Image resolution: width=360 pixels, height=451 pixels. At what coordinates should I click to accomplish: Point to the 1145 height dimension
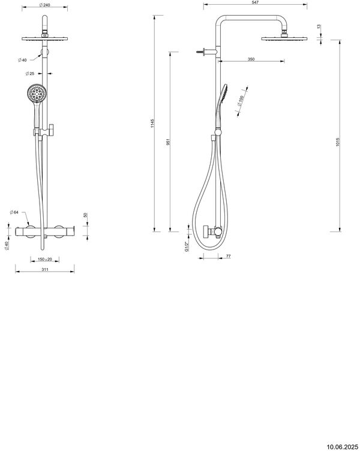pos(153,125)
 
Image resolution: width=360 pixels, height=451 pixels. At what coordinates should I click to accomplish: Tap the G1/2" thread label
pos(187,246)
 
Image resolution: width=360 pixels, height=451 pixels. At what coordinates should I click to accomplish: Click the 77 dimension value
pos(229,257)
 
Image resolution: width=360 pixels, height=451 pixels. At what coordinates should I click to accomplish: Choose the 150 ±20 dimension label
pos(44,260)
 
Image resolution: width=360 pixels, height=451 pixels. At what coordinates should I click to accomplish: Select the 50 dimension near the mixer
pos(85,215)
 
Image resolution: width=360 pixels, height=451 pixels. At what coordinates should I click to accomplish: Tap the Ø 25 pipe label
pos(29,74)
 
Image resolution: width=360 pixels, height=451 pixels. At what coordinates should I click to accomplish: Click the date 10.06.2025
pos(343,446)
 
